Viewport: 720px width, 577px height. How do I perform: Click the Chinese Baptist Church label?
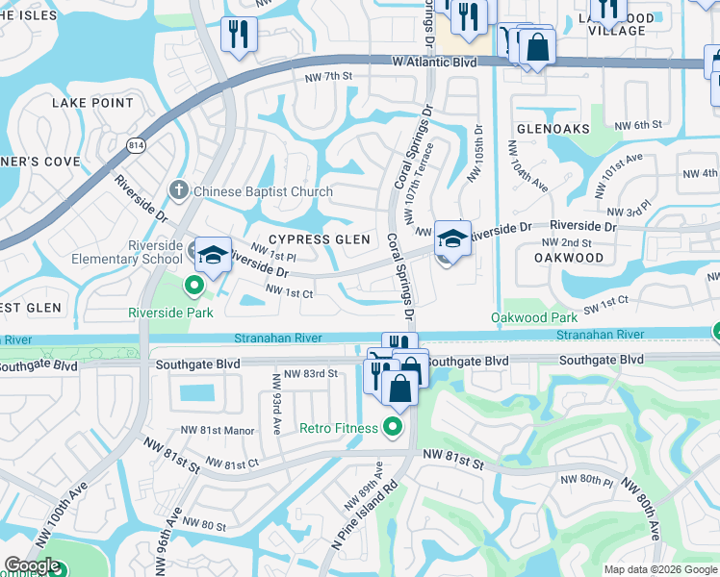263,191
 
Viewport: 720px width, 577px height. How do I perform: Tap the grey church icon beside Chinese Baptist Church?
178,190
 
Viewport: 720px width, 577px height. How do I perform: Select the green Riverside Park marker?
193,285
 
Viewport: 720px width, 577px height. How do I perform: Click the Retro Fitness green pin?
392,427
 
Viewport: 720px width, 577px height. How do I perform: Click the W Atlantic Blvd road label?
433,61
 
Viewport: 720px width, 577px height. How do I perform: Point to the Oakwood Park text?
533,317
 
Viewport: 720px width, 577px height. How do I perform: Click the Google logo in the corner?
33,565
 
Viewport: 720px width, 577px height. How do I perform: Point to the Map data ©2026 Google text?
659,568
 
